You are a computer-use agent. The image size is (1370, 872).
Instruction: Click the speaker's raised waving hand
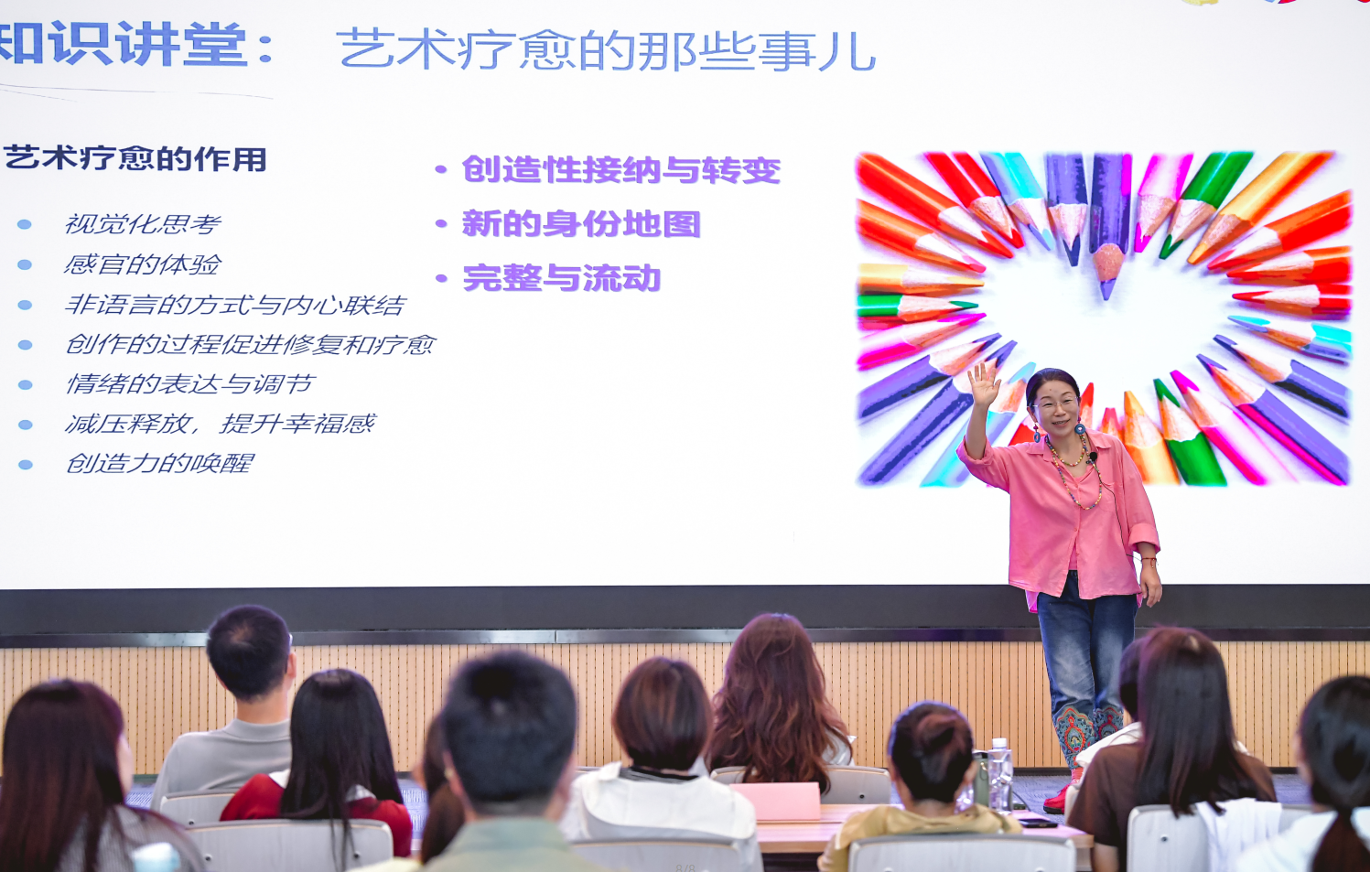pos(984,385)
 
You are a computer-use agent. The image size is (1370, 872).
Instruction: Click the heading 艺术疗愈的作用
pos(135,159)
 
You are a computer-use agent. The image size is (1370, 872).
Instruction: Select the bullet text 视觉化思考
pos(143,224)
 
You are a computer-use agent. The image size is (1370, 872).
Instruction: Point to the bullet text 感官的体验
pos(143,264)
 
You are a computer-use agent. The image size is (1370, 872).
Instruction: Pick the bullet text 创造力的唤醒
pos(159,464)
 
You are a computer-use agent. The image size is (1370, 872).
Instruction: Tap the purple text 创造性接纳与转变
pos(620,170)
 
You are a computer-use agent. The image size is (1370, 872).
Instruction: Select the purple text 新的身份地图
pos(581,224)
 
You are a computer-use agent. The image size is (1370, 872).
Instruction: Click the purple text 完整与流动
pos(561,278)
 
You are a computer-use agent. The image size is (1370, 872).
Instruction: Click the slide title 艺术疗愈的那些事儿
pos(607,50)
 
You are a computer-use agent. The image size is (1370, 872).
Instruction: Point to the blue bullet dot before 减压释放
pos(26,425)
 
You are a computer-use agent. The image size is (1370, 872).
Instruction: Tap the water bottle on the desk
pos(999,773)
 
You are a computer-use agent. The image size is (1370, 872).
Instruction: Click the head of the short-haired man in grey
pos(248,651)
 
